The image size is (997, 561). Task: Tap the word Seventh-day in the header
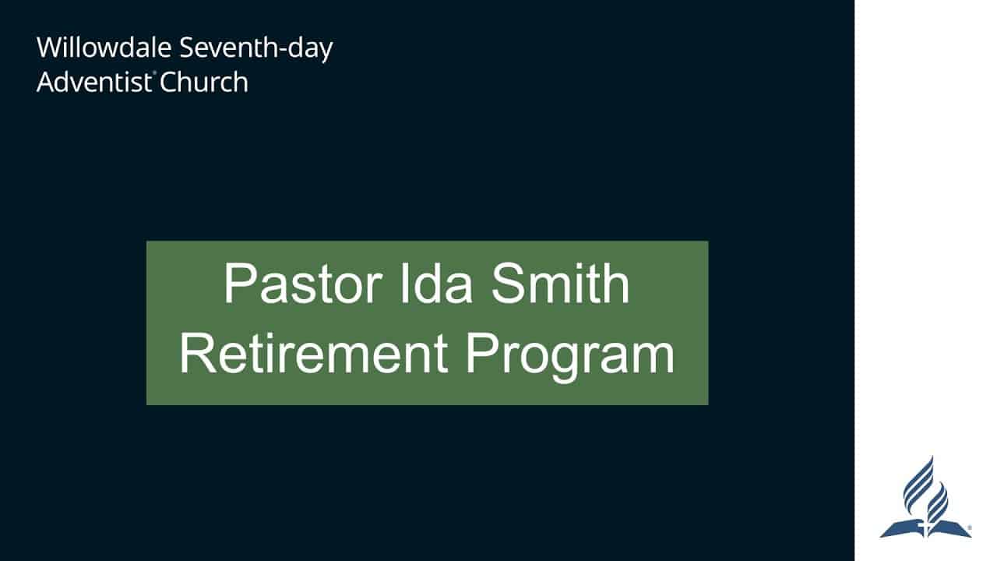click(256, 48)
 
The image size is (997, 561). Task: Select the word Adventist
click(93, 83)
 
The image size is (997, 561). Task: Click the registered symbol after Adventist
click(154, 74)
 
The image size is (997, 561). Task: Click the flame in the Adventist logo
click(925, 487)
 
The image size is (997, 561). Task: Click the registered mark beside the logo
click(968, 528)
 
